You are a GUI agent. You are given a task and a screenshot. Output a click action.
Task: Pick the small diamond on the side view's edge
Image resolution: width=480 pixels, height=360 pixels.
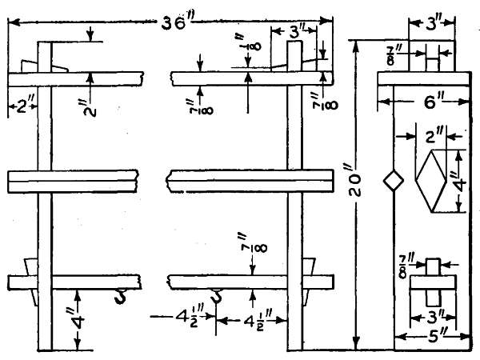[x=393, y=182]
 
